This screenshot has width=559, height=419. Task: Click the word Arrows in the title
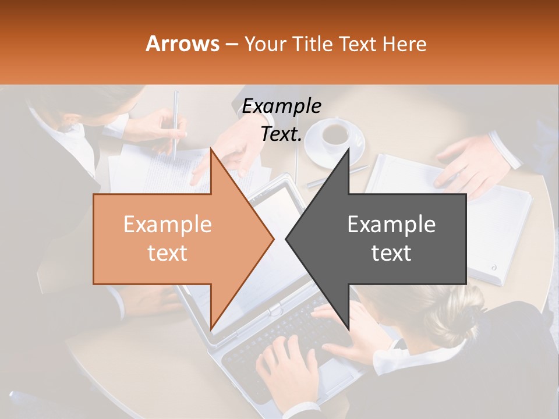click(x=182, y=44)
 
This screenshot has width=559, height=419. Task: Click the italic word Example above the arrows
click(x=281, y=106)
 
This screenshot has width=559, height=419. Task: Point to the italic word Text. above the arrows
click(x=281, y=134)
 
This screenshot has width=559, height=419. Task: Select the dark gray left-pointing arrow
click(x=384, y=239)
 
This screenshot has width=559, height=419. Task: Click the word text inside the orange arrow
click(x=167, y=253)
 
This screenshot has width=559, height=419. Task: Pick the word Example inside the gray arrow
click(x=391, y=225)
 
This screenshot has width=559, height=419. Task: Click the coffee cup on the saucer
click(x=335, y=134)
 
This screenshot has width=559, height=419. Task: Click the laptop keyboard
click(x=279, y=338)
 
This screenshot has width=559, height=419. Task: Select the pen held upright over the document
click(x=175, y=122)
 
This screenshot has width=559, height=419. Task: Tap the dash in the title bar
click(x=231, y=44)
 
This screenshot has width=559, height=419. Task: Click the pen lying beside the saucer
click(x=332, y=177)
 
